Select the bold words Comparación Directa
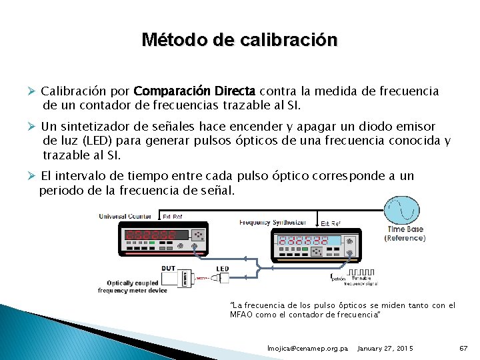pos(195,91)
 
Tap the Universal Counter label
pos(125,216)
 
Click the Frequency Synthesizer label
pos(273,223)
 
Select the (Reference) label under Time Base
pos(405,238)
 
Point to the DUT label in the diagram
pos(169,268)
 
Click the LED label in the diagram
pos(222,269)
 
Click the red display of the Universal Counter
pos(149,235)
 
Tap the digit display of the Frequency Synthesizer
pos(303,241)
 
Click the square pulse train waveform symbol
pos(363,272)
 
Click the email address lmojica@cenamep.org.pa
pos(307,349)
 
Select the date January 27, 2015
pos(385,349)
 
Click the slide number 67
pos(465,349)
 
